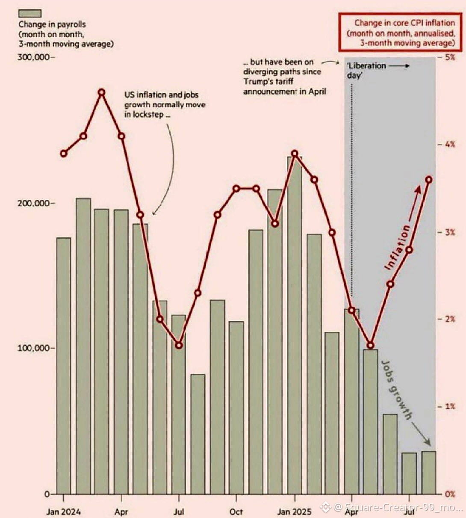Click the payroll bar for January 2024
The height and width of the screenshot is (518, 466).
64,366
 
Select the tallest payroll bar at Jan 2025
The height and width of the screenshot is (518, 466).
294,325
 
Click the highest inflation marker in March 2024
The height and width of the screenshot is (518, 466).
102,92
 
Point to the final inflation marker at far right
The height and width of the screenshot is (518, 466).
429,180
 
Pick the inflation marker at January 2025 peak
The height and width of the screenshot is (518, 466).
294,154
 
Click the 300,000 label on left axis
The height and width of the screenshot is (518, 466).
34,57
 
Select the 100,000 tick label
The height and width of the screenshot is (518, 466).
34,348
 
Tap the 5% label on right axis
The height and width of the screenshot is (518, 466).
449,57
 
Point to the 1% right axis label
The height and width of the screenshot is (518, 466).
449,406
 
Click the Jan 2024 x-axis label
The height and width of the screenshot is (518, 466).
64,511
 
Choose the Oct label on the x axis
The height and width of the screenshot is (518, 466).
236,511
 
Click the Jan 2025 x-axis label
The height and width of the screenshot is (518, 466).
295,511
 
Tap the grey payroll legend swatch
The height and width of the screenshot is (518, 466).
30,14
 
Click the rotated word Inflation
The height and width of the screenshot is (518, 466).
398,247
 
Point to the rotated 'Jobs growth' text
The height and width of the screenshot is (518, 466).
397,390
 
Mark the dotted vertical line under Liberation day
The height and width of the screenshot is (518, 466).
352,188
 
